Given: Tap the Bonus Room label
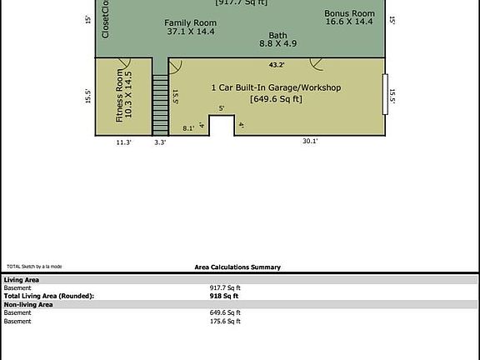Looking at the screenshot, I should (x=350, y=13).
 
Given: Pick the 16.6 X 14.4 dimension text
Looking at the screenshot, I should (x=350, y=23).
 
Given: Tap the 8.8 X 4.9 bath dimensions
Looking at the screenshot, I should (x=277, y=43).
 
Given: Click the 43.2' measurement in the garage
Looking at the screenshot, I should (x=277, y=64).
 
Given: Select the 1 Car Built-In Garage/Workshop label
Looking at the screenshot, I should (x=276, y=87).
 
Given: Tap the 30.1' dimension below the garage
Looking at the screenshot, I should (x=310, y=142).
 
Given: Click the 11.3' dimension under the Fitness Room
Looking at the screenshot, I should (x=123, y=142).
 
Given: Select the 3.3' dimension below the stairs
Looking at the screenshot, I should (x=160, y=142).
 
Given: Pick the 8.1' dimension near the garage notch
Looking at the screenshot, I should (x=188, y=128).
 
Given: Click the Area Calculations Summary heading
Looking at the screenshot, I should (x=237, y=267).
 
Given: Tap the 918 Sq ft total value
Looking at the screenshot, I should (x=224, y=296).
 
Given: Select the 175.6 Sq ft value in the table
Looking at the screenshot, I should (x=225, y=321).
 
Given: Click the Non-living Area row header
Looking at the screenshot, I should (x=28, y=305).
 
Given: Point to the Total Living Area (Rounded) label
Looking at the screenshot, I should (x=49, y=296).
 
